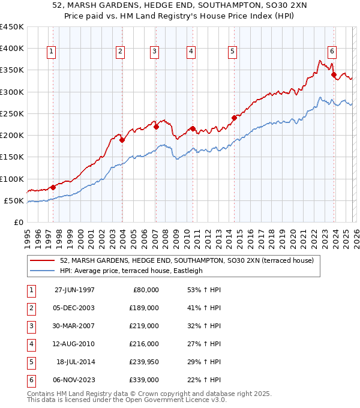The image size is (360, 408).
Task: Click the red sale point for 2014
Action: pyautogui.click(x=234, y=118)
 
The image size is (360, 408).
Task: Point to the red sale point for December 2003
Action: pyautogui.click(x=122, y=140)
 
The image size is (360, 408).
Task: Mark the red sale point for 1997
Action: pyautogui.click(x=53, y=187)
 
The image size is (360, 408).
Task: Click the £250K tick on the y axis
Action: pyautogui.click(x=12, y=113)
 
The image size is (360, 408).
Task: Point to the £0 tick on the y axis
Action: pyautogui.click(x=19, y=222)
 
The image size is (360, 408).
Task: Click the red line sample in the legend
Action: pyautogui.click(x=43, y=261)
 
